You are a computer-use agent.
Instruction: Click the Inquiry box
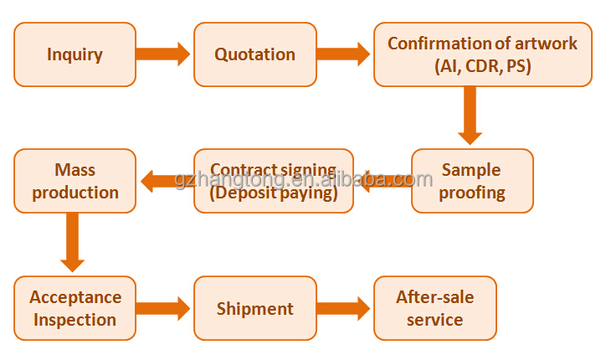74,54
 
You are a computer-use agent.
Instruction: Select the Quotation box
255,54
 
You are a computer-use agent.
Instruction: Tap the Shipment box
255,308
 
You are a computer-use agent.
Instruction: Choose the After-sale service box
434,308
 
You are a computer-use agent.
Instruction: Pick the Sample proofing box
472,181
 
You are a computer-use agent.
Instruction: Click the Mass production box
74,181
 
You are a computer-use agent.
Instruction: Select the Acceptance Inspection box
74,308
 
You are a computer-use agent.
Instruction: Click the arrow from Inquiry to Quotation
164,54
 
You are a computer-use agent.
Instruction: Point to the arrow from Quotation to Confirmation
344,54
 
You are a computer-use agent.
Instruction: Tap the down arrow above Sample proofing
470,116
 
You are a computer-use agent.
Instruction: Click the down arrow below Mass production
73,242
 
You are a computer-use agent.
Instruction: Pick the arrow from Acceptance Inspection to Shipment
164,308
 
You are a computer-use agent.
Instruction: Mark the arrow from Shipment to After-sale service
344,308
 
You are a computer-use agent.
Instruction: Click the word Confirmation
439,44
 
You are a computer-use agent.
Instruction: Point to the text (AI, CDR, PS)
483,65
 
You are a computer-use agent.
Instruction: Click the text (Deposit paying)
274,193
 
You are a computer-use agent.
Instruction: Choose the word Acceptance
75,297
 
